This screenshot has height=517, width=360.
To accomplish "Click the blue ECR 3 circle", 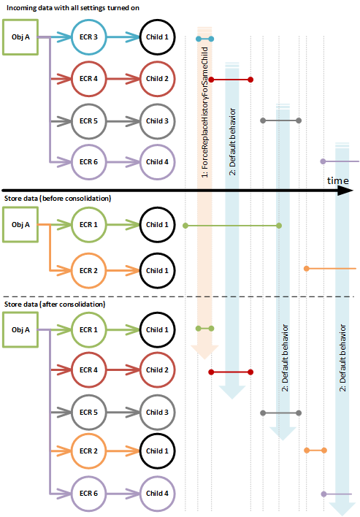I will tap(89, 37).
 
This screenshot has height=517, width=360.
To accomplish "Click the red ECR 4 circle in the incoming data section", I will tap(89, 78).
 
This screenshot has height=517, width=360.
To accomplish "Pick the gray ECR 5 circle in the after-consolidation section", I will tap(89, 412).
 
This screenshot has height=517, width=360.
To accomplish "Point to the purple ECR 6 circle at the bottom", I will tap(89, 493).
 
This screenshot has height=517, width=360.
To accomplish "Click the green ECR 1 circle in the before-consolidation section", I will tap(89, 225).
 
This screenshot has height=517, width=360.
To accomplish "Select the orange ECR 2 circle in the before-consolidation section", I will tap(89, 269).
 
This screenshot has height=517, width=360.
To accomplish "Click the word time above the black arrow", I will tap(337, 180).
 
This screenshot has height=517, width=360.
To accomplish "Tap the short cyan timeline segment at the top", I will tap(204, 38).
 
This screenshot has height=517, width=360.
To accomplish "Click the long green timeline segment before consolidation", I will tap(231, 226).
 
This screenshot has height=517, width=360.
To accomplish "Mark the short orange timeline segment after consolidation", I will tap(315, 450).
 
